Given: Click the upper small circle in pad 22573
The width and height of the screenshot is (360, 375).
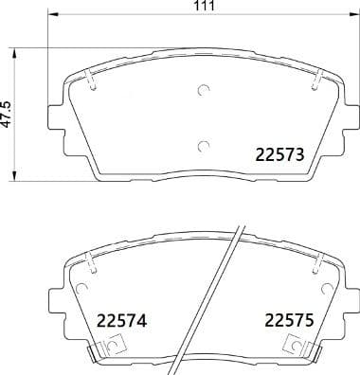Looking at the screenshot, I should (202, 91).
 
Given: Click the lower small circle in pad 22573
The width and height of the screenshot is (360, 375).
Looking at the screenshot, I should (202, 145).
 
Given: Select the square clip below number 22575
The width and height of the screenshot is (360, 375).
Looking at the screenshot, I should (284, 351).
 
